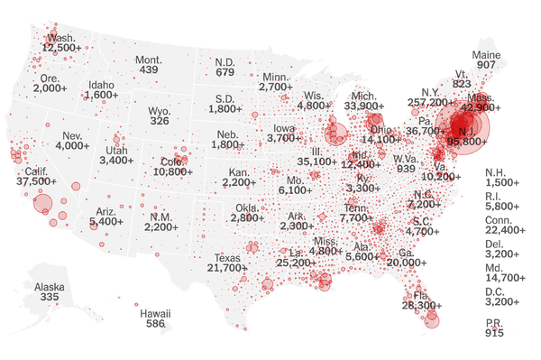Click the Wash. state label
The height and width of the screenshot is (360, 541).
pyautogui.click(x=60, y=38)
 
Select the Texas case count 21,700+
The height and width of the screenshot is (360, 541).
pyautogui.click(x=226, y=267)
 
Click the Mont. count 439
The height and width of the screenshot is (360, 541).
pyautogui.click(x=148, y=70)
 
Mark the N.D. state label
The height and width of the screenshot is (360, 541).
pyautogui.click(x=225, y=61)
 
